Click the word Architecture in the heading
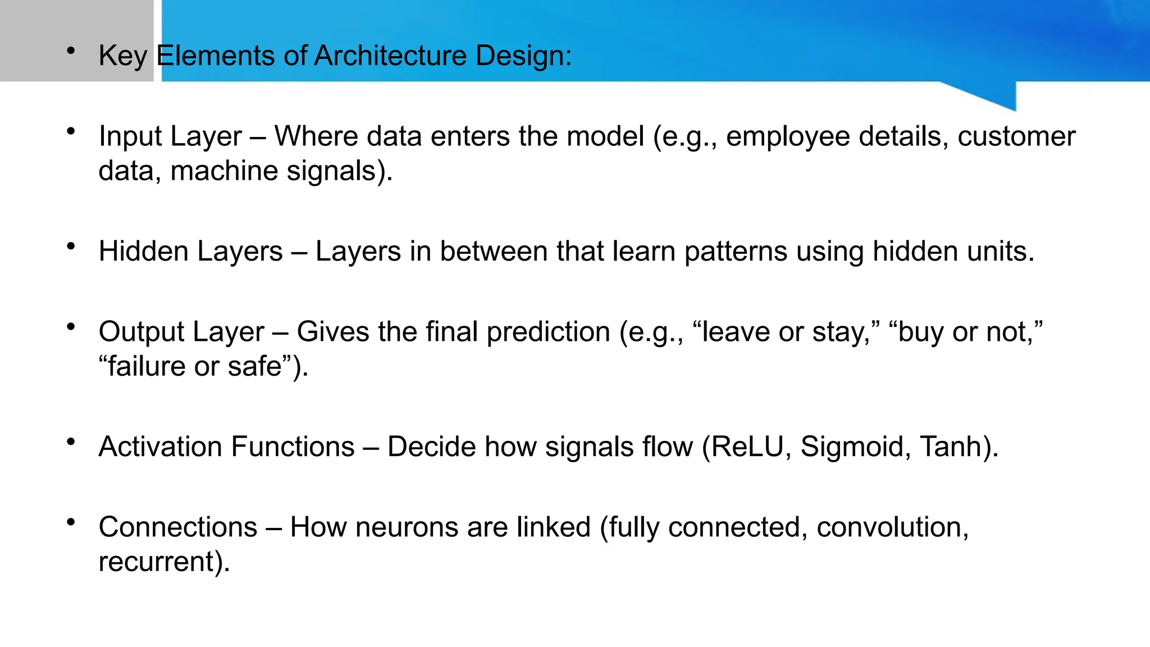390,56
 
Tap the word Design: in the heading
523,56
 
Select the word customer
1016,136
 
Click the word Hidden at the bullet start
143,251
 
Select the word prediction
548,331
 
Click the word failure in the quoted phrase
142,366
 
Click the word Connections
177,527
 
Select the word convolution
892,527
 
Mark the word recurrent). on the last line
164,562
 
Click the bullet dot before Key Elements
71,51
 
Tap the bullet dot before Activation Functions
71,442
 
